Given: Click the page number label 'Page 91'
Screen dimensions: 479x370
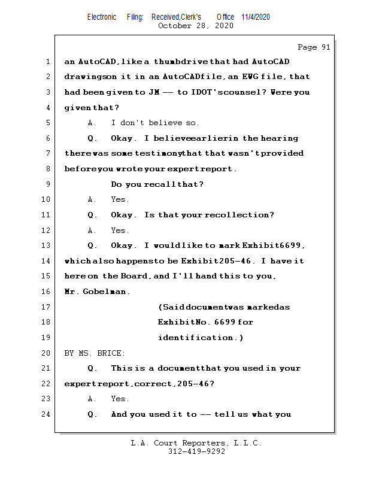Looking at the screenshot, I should [x=314, y=47].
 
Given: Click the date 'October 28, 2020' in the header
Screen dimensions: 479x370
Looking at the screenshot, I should [x=196, y=26].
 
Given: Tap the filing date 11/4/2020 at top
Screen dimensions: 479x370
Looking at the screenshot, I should [x=256, y=17].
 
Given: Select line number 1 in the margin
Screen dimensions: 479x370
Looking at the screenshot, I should [x=47, y=62].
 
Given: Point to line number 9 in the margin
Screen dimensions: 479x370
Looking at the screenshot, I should [x=47, y=184].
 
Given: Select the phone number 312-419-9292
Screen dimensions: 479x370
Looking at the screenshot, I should [x=196, y=451].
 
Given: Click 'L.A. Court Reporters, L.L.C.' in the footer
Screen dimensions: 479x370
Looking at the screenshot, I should [x=196, y=443].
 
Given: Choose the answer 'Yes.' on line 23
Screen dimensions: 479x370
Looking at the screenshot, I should [x=120, y=399].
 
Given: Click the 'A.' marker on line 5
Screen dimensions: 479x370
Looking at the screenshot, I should [x=92, y=123].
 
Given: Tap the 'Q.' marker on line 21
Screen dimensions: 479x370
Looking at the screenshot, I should [x=92, y=368].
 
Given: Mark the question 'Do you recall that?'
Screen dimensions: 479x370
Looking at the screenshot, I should [x=157, y=184].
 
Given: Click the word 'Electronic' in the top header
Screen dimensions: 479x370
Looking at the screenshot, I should [x=102, y=17].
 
